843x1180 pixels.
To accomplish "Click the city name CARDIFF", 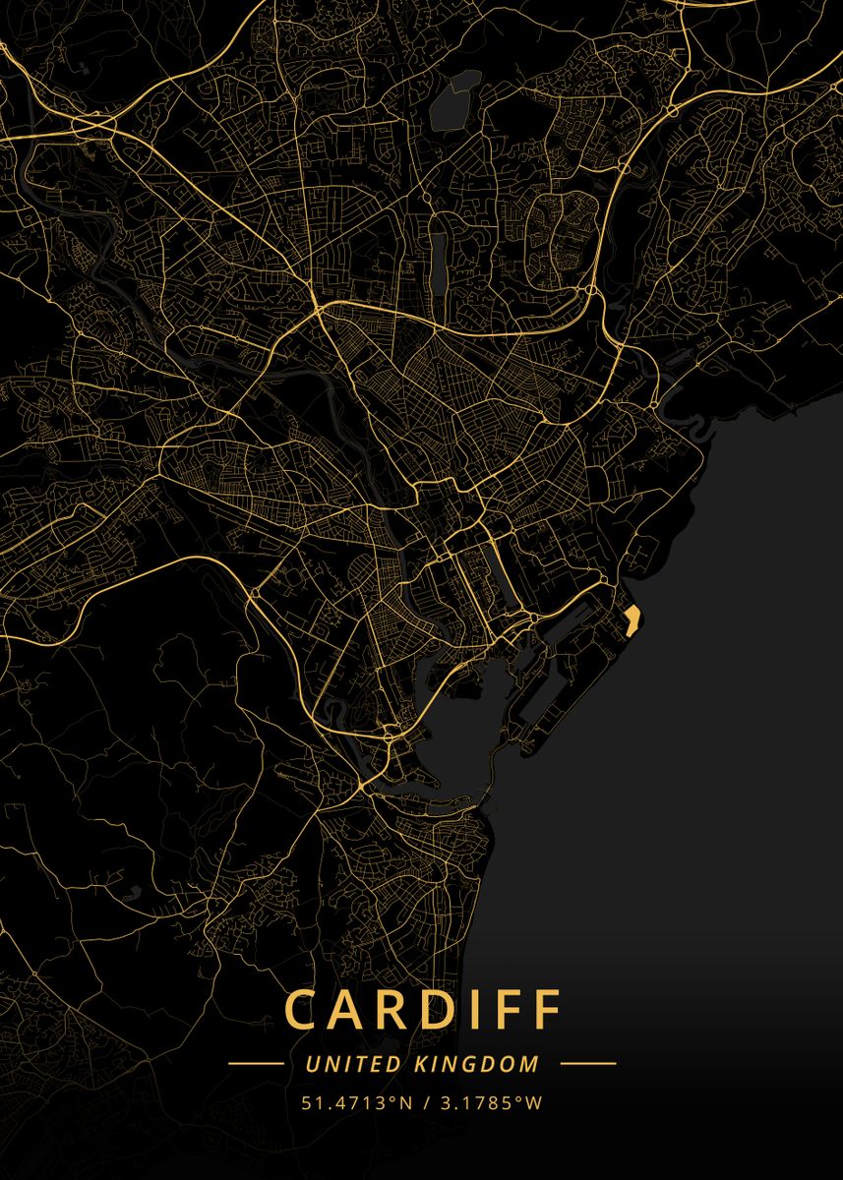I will click(423, 1009).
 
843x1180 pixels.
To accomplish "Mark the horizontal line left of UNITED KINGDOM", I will click(256, 1064).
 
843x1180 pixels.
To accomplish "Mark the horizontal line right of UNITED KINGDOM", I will click(588, 1064).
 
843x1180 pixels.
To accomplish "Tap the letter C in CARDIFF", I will click(300, 1009).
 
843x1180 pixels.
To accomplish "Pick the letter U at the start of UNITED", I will click(312, 1064).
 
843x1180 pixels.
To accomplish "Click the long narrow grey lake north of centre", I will click(437, 254).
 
